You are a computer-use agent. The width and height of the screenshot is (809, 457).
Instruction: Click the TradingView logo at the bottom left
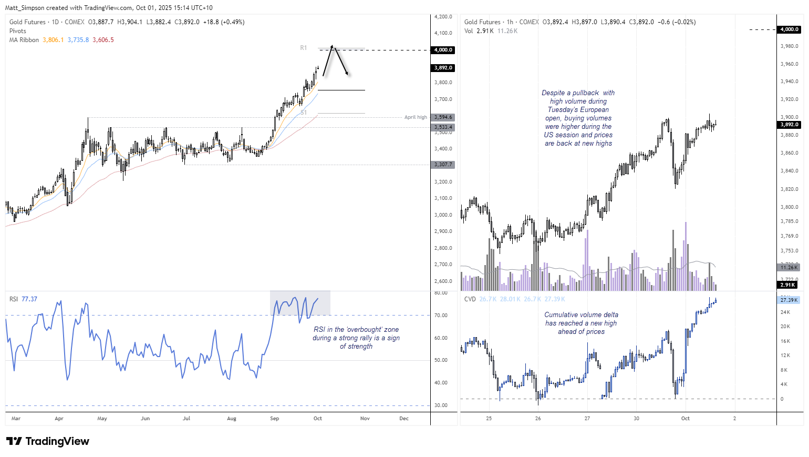tap(48, 441)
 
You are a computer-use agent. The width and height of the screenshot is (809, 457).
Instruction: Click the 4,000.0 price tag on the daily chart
tap(443, 50)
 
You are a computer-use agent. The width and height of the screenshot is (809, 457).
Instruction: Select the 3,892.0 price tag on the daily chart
tap(443, 68)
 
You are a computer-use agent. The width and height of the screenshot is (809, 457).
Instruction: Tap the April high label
tap(416, 117)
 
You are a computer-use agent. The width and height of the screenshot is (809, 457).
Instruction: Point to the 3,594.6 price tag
tap(443, 117)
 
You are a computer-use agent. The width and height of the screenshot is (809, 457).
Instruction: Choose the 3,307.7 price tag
tap(443, 165)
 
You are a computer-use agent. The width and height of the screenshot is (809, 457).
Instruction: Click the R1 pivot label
tap(304, 48)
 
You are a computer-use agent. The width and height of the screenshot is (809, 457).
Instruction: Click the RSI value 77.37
tap(29, 299)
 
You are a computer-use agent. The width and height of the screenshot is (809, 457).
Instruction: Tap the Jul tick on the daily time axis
tap(186, 419)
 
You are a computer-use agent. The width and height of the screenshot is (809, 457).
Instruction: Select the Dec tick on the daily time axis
tap(404, 419)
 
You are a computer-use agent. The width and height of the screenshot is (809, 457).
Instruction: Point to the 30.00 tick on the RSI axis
tap(441, 405)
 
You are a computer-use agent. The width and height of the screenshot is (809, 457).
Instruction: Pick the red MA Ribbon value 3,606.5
tap(103, 40)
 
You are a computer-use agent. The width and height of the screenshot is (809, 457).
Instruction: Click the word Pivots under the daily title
tap(18, 31)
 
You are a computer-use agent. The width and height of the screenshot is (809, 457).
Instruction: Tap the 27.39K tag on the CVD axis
tap(789, 300)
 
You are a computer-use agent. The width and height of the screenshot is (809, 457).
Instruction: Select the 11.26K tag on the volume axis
tap(789, 268)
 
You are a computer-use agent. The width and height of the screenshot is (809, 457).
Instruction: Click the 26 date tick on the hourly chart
tap(538, 419)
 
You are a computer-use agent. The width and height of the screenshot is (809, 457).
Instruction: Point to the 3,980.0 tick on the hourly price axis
tap(789, 46)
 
